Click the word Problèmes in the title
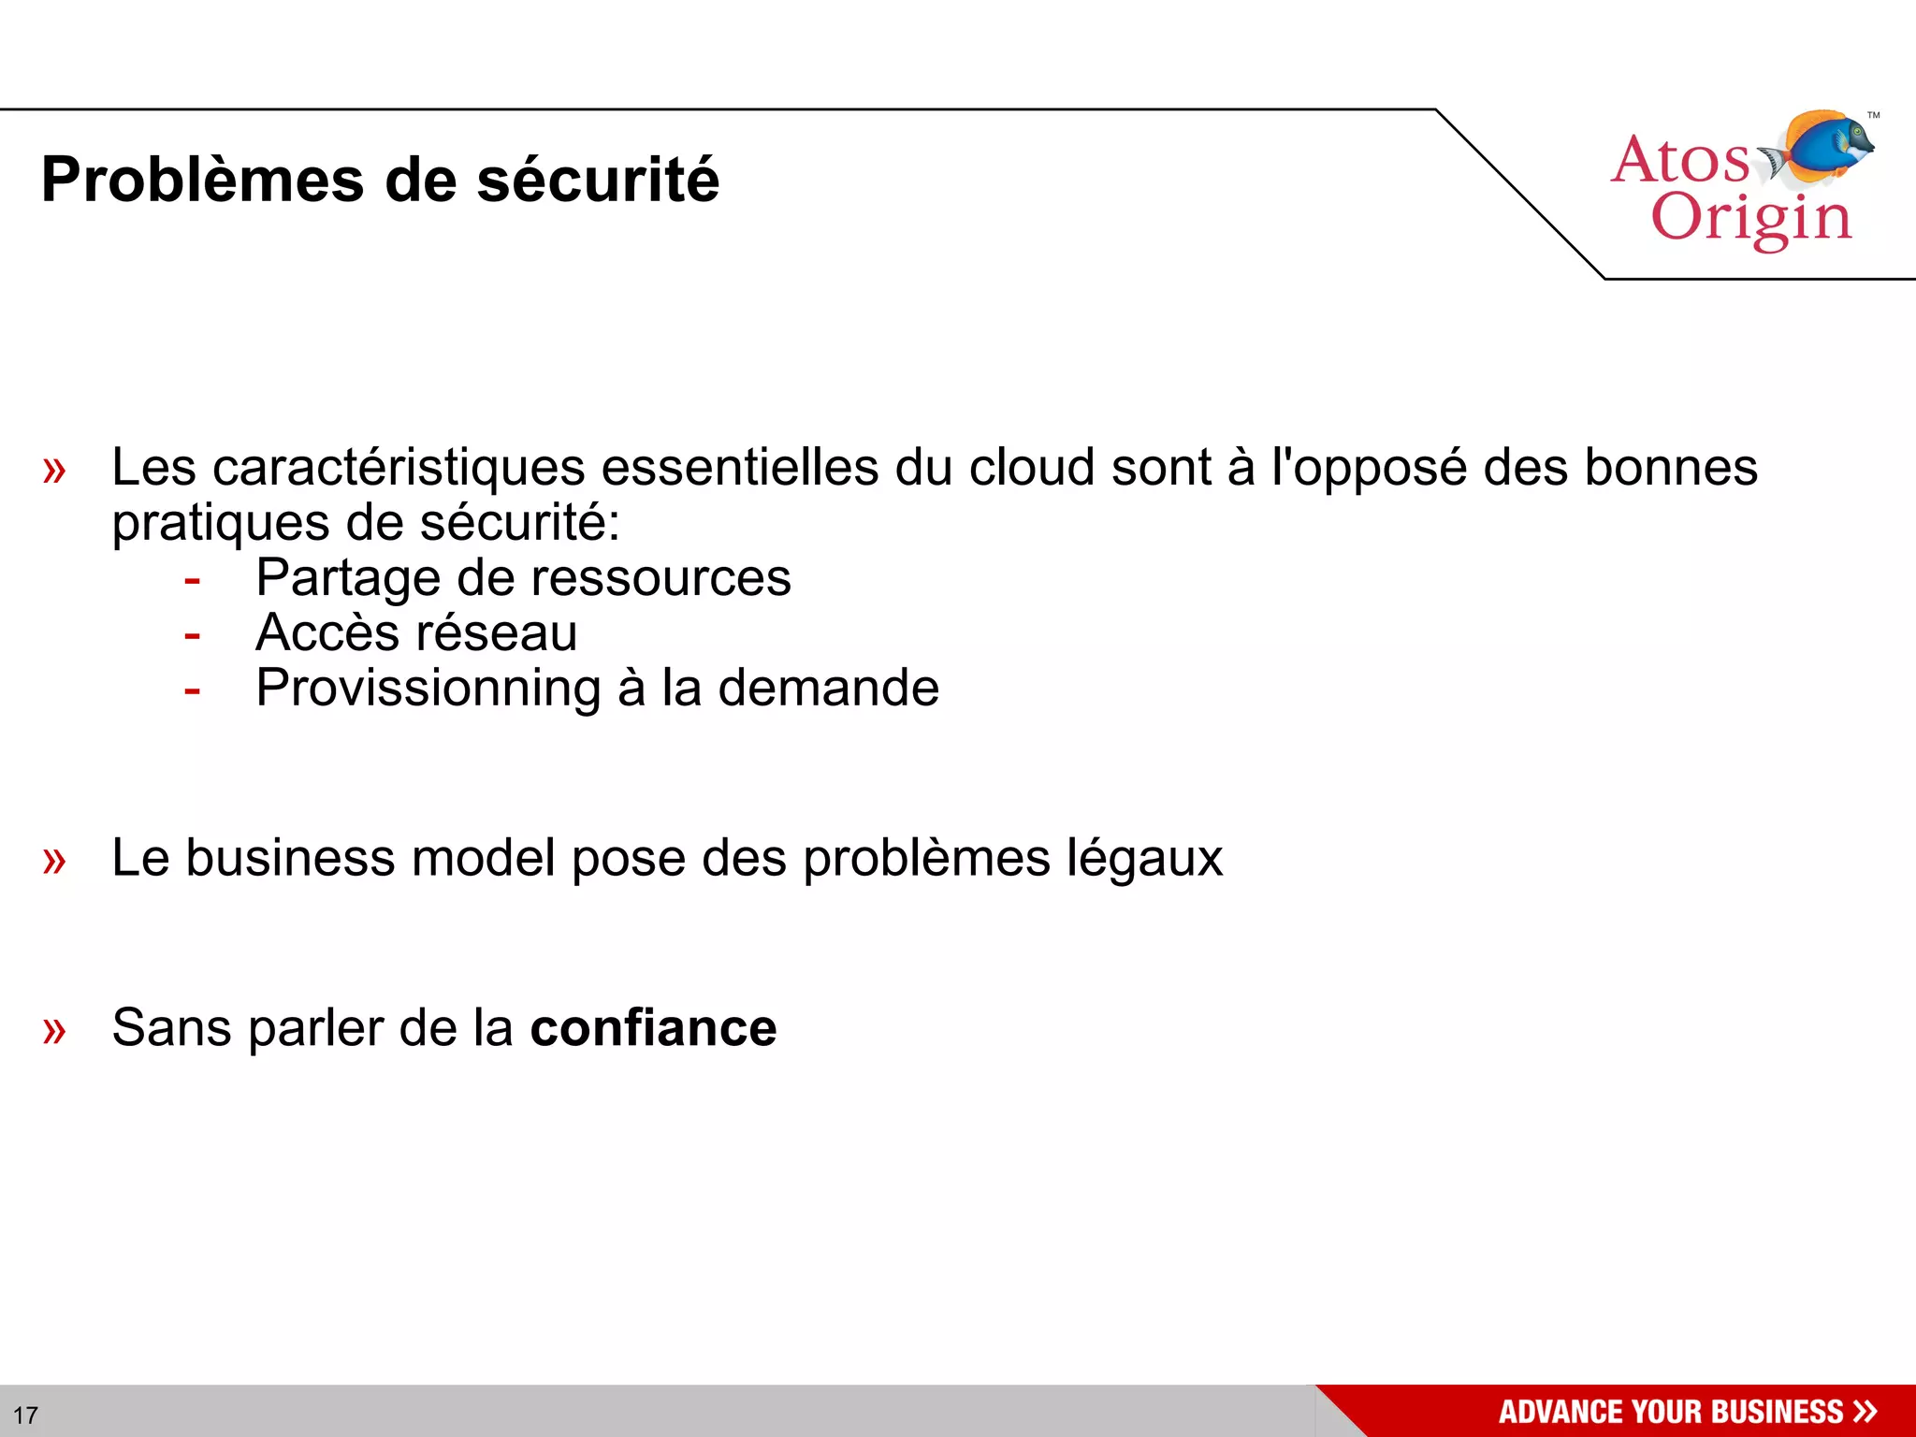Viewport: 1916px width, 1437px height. point(202,180)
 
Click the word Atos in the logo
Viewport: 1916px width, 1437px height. point(1679,160)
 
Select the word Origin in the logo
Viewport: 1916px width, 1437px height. point(1750,219)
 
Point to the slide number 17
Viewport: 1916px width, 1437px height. point(25,1415)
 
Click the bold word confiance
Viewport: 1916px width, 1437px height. point(653,1027)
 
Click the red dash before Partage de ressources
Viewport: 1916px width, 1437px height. point(193,580)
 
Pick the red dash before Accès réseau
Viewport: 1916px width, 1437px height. point(193,635)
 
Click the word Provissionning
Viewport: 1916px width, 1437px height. point(428,689)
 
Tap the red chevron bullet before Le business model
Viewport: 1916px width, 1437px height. point(54,860)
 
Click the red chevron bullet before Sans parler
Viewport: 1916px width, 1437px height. point(54,1030)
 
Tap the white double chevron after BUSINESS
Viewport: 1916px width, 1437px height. point(1865,1411)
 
